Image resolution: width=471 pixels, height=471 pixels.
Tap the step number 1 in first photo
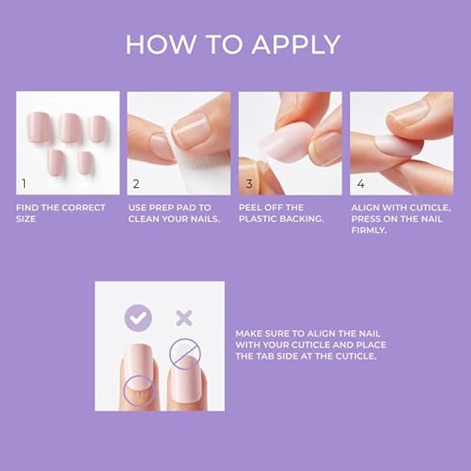click(x=24, y=183)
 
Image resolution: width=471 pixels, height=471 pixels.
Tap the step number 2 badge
click(x=136, y=183)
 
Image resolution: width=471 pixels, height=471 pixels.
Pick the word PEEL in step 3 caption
click(x=251, y=207)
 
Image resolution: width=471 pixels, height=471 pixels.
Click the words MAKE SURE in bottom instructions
click(x=260, y=333)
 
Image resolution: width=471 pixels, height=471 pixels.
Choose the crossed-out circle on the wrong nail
click(x=184, y=353)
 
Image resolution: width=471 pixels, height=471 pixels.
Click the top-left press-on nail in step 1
click(x=38, y=127)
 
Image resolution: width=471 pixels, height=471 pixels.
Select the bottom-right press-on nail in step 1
click(x=85, y=162)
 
